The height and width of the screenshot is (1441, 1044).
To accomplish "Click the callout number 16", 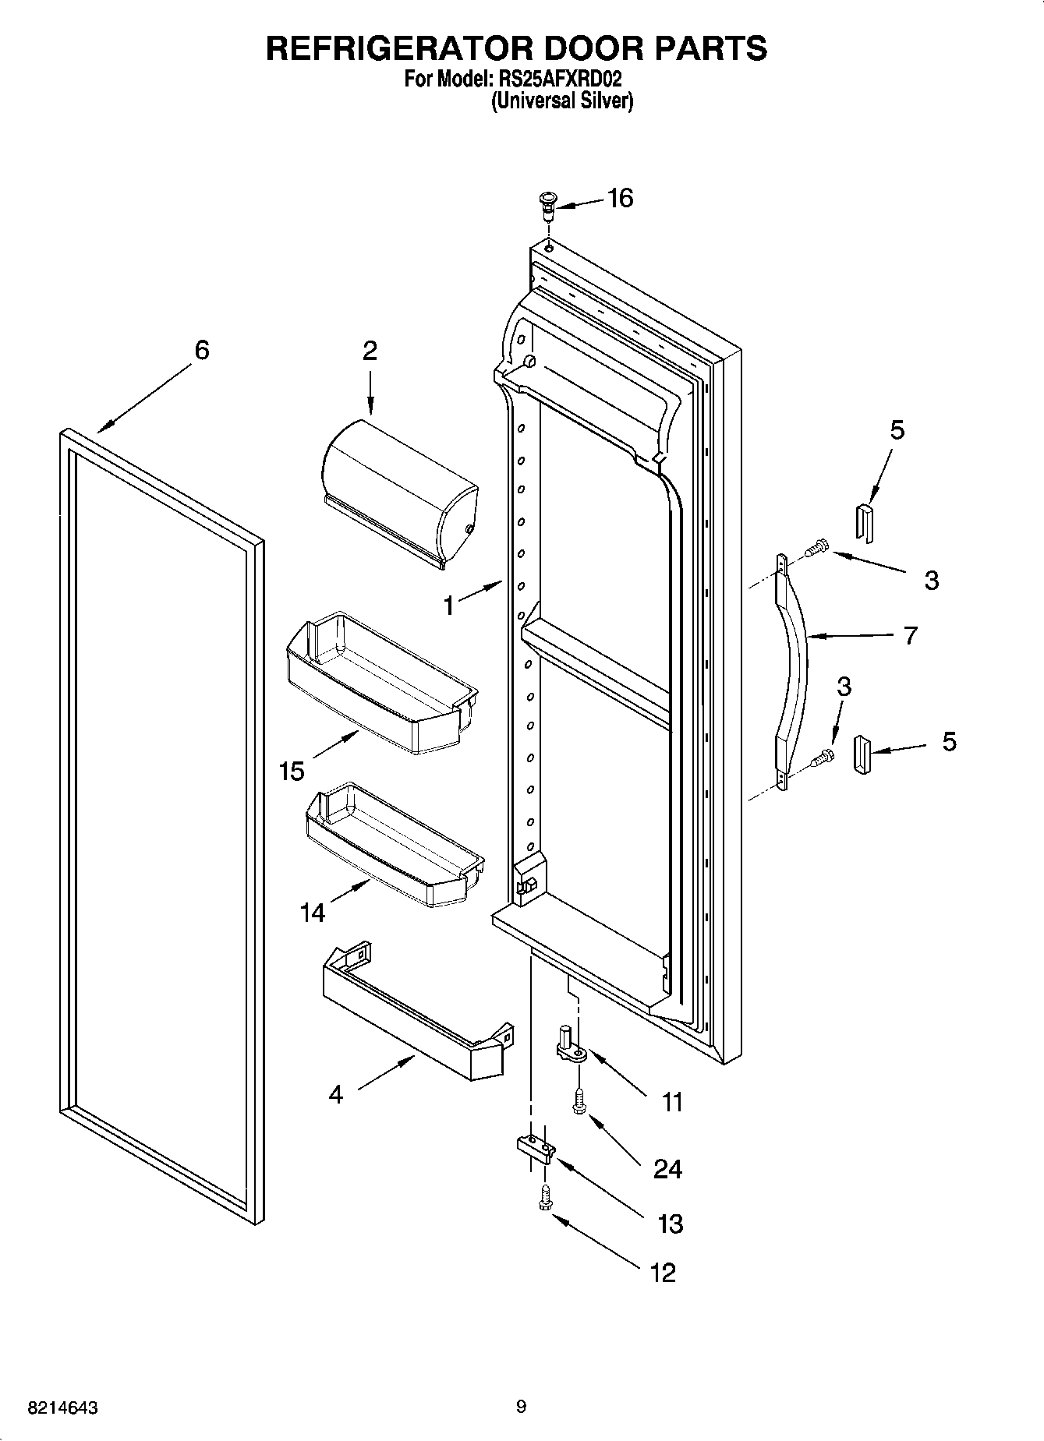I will coord(620,199).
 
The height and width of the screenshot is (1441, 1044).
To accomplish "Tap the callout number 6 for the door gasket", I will coord(201,351).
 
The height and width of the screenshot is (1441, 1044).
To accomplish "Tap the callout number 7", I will coord(910,636).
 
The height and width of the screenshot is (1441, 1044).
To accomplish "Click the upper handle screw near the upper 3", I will coord(815,548).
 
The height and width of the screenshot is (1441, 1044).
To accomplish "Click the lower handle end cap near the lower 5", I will coord(862,755).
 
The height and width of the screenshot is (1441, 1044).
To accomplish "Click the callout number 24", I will coord(667,1169).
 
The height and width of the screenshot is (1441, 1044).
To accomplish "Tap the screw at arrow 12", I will coord(544,1198).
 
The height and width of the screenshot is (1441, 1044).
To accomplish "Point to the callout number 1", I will coord(449,606).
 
